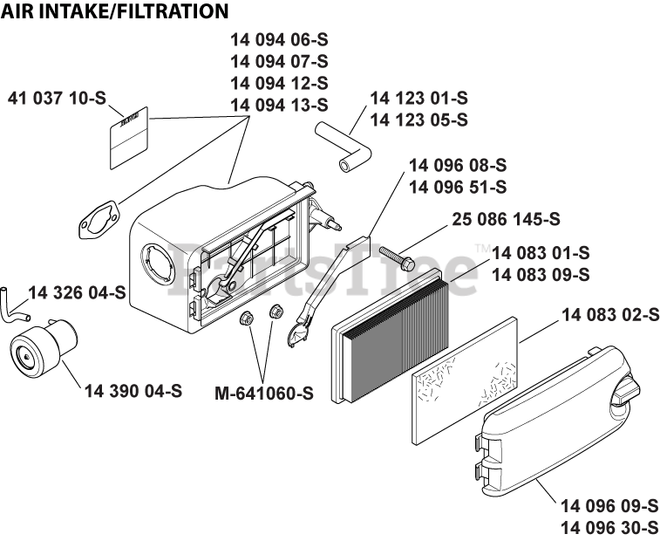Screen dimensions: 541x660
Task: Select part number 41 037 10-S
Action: [57, 98]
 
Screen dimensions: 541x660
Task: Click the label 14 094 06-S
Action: [279, 40]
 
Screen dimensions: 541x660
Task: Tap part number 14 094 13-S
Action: [279, 105]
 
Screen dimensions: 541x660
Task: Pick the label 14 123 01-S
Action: [418, 98]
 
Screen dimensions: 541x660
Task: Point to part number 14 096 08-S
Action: [457, 165]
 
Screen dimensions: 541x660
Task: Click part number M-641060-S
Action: [263, 393]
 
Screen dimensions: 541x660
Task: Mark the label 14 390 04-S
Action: [133, 391]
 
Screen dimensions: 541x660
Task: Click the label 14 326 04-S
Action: [77, 291]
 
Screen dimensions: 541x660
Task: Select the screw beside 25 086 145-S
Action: [395, 257]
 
